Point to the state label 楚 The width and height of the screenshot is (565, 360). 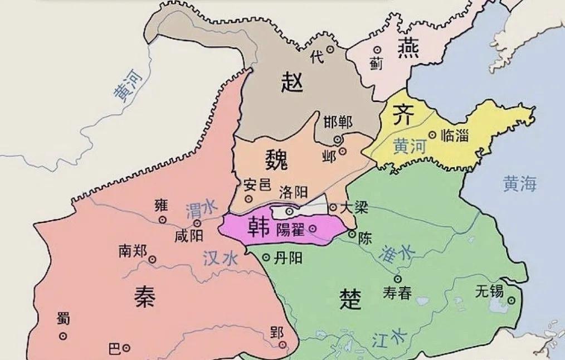pos(350,299)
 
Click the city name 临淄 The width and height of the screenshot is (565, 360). pos(454,135)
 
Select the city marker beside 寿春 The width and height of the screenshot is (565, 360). pos(397,279)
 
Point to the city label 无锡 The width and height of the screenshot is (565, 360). pos(490,290)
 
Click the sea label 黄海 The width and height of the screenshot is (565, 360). pos(520,184)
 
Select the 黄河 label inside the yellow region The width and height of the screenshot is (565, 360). pos(409,146)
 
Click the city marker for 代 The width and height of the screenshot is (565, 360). pos(330,50)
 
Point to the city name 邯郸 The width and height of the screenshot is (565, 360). pos(338,122)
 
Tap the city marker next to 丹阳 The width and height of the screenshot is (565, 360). pos(266,257)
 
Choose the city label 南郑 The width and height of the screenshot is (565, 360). pos(132,251)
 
